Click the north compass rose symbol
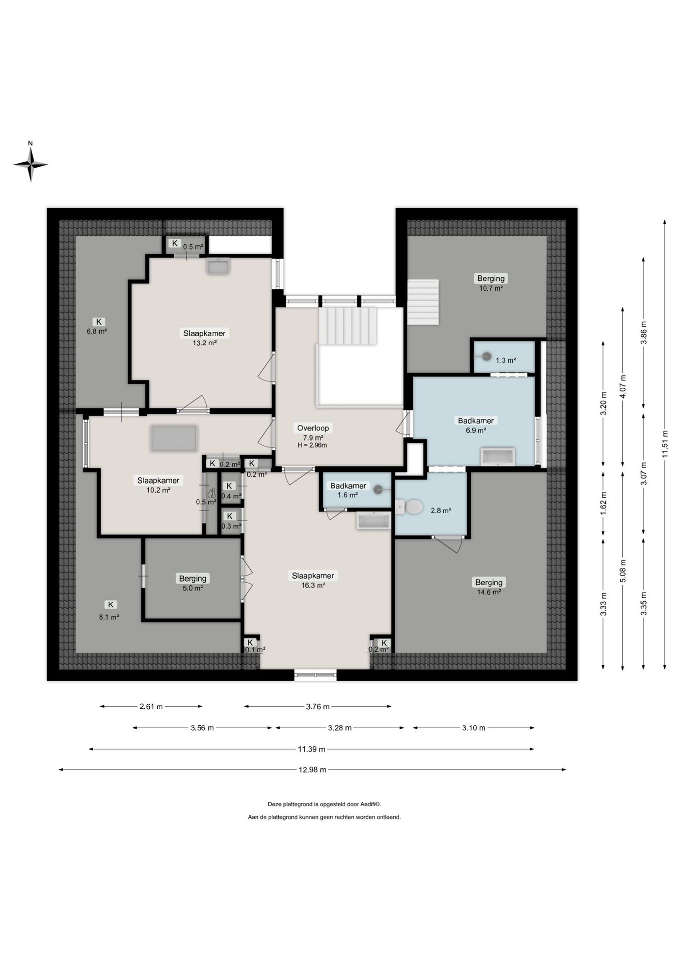pos(31,163)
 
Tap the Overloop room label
pos(313,428)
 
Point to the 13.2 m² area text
pos(204,343)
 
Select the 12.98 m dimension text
pos(312,770)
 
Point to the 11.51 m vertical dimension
pos(665,444)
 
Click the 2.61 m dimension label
pos(151,707)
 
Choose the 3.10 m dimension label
pos(473,728)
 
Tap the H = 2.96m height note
pos(312,445)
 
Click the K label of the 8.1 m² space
pos(110,605)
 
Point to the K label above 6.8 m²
pos(99,322)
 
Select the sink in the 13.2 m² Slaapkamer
pos(218,266)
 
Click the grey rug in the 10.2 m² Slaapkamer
pos(174,438)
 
